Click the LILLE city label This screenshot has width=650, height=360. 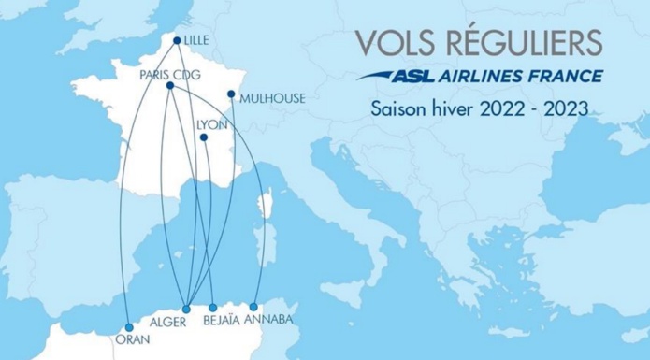click(x=198, y=40)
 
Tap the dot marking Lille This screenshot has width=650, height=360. click(x=178, y=39)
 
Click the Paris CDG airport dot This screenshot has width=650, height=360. click(x=169, y=86)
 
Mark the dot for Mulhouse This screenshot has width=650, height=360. click(x=231, y=94)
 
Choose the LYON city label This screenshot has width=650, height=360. click(x=211, y=122)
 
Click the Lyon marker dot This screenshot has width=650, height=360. click(x=203, y=139)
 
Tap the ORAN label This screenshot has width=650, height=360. click(x=131, y=340)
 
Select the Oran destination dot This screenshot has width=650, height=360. click(x=128, y=327)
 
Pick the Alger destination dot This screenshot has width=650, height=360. click(x=186, y=309)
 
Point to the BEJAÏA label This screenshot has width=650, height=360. click(x=223, y=321)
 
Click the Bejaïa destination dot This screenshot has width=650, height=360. click(x=213, y=308)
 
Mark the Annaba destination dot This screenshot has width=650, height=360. click(x=253, y=307)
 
